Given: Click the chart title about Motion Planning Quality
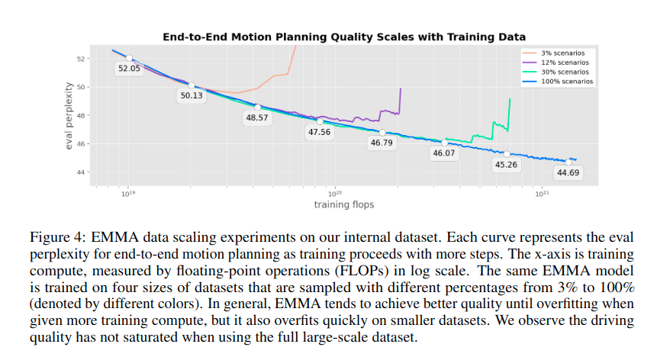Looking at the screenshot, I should (344, 36).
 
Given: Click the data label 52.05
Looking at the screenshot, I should (129, 68).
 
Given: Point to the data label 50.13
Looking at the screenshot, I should (192, 96).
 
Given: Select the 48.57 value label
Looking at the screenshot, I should (257, 117).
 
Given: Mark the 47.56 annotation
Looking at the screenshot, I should (320, 132).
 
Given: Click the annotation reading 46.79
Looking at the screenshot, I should (382, 142).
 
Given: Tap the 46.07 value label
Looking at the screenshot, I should (443, 153).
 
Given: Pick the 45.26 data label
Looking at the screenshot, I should (506, 164).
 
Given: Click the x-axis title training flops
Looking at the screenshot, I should (344, 205).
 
